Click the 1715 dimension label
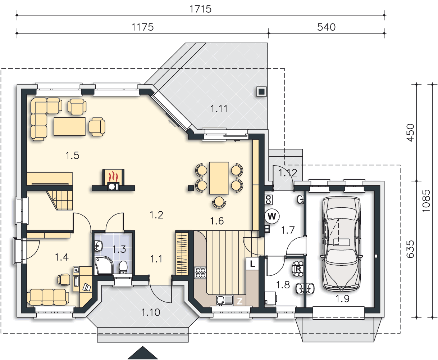point(200,9)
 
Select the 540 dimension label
point(326,27)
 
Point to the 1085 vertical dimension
point(426,201)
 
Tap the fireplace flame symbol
point(113,177)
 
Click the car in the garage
point(342,244)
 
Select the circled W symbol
point(272,216)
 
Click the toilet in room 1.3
point(123,267)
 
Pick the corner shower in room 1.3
point(104,266)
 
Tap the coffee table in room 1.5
point(69,126)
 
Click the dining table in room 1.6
point(219,178)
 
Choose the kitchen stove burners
point(200,273)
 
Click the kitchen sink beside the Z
point(224,300)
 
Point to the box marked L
point(252,264)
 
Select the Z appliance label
point(239,301)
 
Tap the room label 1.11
point(219,109)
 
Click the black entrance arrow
point(143,353)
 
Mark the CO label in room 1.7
point(268,200)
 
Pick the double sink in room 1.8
point(305,289)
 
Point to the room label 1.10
point(151,312)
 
